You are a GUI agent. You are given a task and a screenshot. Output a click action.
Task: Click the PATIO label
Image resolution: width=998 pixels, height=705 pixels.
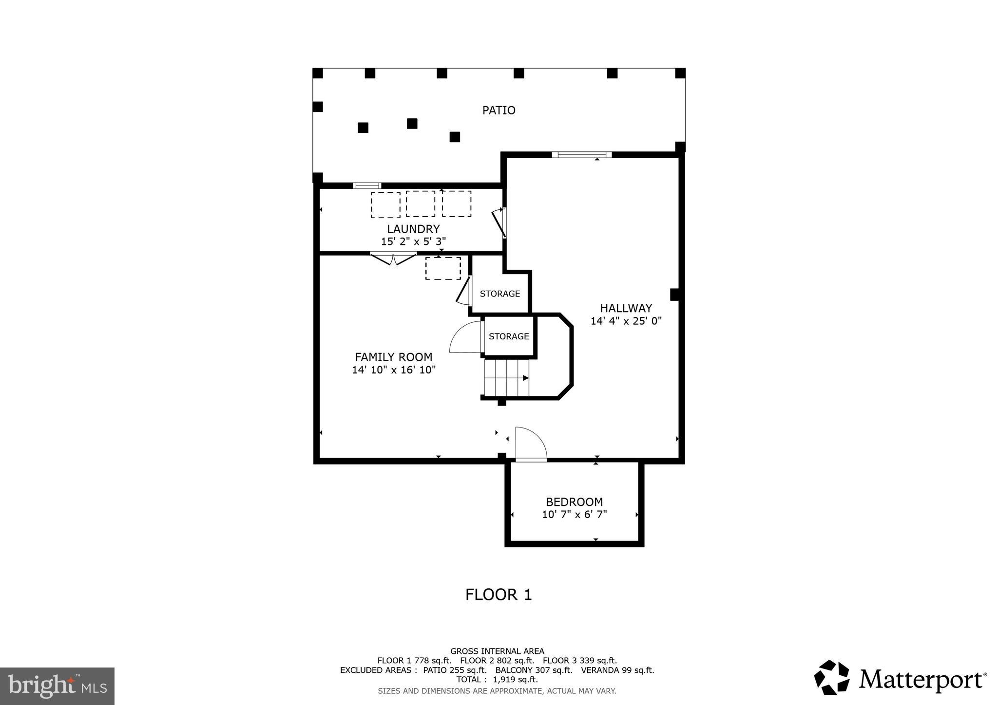click(499, 111)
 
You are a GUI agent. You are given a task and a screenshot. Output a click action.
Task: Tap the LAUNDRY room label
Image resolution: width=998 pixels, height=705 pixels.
click(413, 229)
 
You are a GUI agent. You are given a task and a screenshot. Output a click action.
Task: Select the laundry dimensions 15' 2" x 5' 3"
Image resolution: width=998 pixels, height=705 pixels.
click(413, 241)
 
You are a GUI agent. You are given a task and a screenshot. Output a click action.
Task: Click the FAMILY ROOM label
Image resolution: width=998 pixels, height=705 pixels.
click(393, 357)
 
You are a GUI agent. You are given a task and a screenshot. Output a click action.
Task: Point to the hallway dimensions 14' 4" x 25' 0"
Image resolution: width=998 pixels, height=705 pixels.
click(626, 321)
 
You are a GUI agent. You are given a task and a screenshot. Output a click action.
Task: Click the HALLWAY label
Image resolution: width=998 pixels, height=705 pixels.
click(626, 308)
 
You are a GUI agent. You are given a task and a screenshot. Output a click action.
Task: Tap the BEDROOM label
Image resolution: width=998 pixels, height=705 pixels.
click(574, 502)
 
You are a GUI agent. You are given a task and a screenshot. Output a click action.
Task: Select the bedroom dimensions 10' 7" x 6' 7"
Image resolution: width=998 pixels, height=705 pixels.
click(574, 515)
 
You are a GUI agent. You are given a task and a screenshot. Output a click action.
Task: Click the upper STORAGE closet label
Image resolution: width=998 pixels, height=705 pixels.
click(499, 294)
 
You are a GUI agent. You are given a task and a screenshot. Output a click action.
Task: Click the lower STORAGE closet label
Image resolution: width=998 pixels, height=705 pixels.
click(508, 336)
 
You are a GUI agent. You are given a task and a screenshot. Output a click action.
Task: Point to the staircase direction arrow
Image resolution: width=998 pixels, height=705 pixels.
click(525, 378)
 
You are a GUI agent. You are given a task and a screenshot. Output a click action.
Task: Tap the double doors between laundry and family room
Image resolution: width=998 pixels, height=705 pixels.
click(393, 258)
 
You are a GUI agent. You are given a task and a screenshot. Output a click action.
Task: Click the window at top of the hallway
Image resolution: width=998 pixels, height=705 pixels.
click(581, 155)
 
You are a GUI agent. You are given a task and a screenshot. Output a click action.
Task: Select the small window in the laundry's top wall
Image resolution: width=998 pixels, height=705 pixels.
click(367, 186)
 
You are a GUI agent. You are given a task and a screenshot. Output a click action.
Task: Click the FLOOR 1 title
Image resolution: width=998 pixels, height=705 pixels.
click(499, 594)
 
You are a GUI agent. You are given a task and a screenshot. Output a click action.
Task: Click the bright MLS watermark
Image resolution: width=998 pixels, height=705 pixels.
click(58, 686)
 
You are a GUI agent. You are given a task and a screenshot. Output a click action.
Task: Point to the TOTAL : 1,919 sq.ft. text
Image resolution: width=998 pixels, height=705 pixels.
click(497, 679)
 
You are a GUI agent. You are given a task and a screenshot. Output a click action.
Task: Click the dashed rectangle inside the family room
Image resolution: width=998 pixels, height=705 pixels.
click(442, 268)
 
